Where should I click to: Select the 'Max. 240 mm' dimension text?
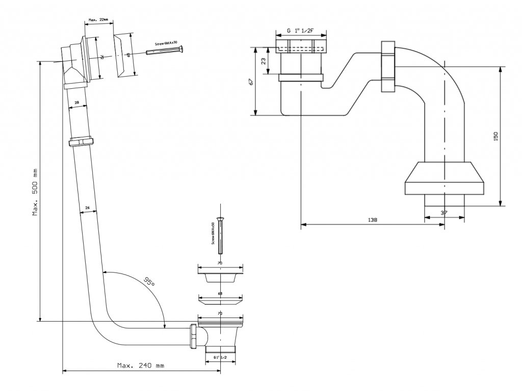coord(141,365)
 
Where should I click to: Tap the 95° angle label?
coord(148,281)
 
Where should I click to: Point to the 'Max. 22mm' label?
coord(98,20)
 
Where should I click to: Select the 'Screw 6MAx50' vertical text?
coord(213,233)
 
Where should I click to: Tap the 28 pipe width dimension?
coord(76,103)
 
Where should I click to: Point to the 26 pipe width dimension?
coord(88,208)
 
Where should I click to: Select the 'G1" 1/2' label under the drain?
coord(220,358)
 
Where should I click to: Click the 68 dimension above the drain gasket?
coord(220,294)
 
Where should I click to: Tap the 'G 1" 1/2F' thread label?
coord(300,31)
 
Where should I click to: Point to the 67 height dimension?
coord(251,82)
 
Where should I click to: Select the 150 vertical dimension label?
coord(495,136)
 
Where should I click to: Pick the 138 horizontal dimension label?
coord(372,219)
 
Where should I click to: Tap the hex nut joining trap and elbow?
coord(387,67)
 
